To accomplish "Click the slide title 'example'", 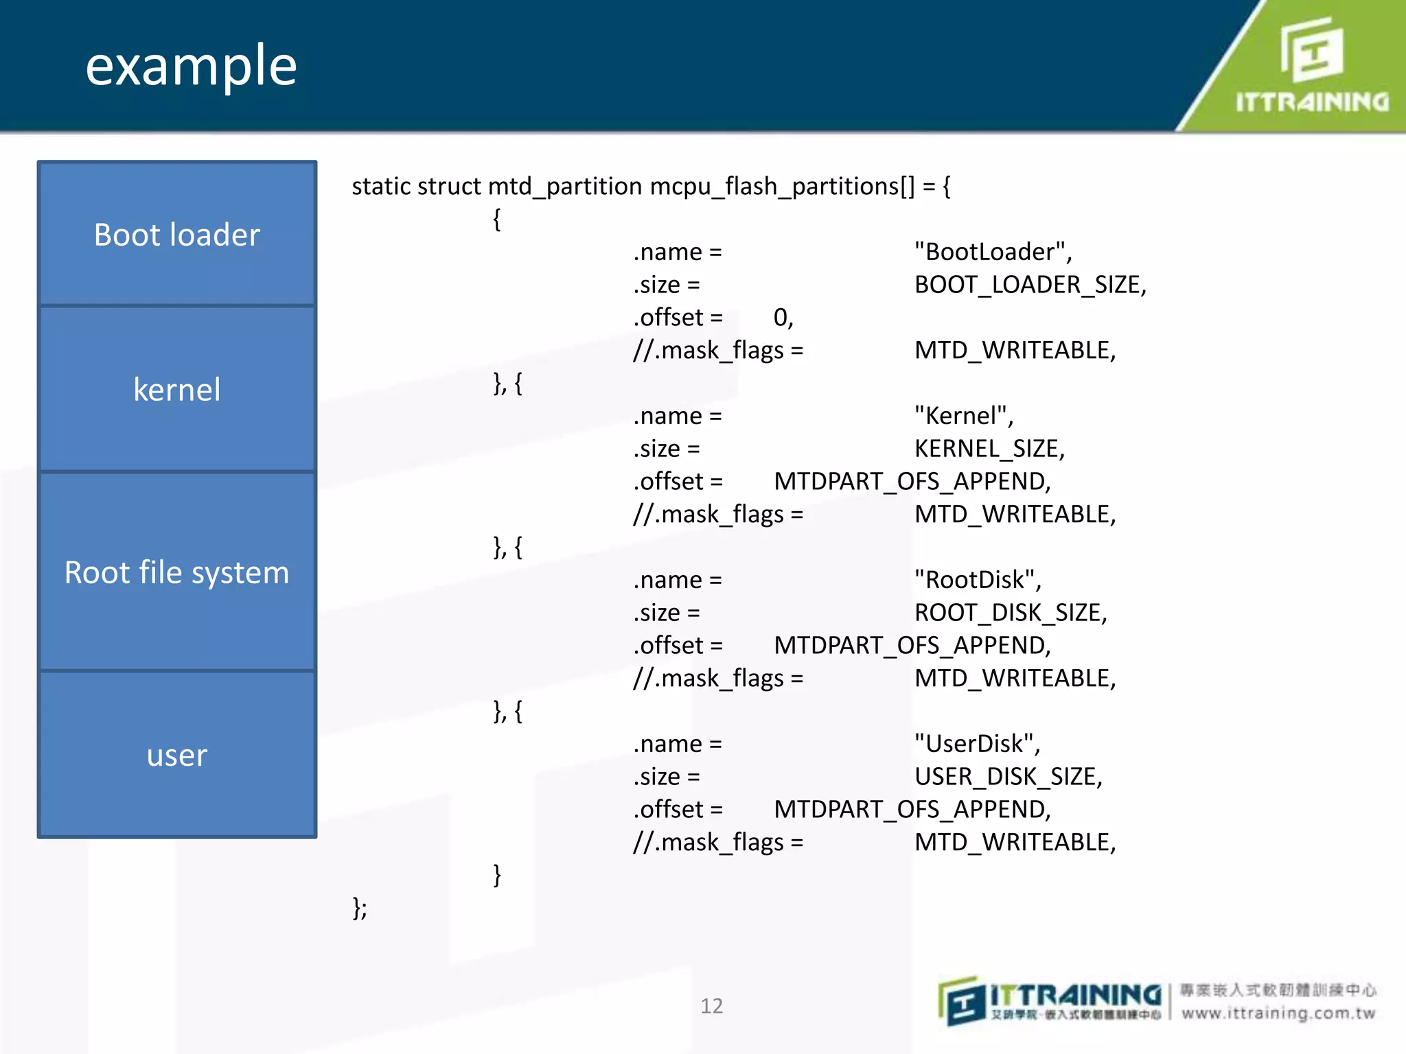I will click(x=191, y=66).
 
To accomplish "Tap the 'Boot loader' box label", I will click(x=177, y=235).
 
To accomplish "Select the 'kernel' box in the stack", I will click(x=177, y=389).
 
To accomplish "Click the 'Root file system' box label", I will click(x=177, y=572).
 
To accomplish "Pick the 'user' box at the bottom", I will click(x=177, y=755).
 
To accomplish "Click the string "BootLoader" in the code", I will click(x=992, y=252).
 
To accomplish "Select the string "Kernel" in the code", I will click(x=963, y=416).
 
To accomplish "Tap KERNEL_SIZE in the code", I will click(x=988, y=449).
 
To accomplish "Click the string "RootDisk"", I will click(x=977, y=580).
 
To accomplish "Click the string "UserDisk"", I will click(x=976, y=744).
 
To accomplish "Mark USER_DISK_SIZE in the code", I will click(x=1007, y=777).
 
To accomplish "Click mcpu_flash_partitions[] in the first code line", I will click(x=782, y=187).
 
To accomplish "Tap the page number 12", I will click(x=711, y=1006).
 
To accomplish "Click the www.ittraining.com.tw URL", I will click(x=1278, y=1014).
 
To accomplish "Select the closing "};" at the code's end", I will click(x=360, y=908).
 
